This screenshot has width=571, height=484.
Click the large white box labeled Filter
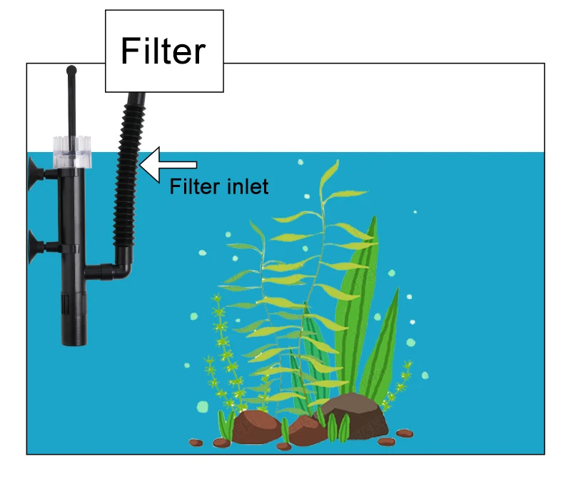pos(164,51)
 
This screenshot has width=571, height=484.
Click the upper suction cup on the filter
pos(33,171)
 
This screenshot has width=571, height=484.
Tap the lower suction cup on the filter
pos(33,247)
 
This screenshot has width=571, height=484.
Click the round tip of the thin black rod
pos(71,70)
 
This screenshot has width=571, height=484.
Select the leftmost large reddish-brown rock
pos(257,428)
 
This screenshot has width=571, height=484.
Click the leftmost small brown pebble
pos(196,443)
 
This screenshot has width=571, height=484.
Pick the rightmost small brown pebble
pos(405,433)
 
